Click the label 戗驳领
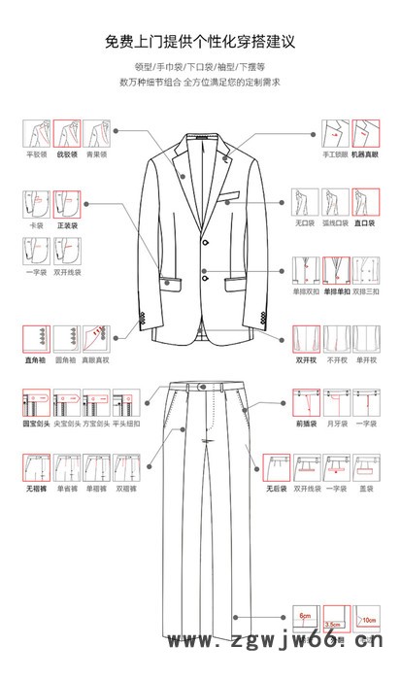(67, 154)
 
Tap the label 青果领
(96, 154)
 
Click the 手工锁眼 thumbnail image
(335, 132)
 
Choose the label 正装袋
(67, 224)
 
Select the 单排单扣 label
(336, 290)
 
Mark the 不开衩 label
(336, 359)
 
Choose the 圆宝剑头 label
(37, 424)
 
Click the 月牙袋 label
(336, 424)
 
